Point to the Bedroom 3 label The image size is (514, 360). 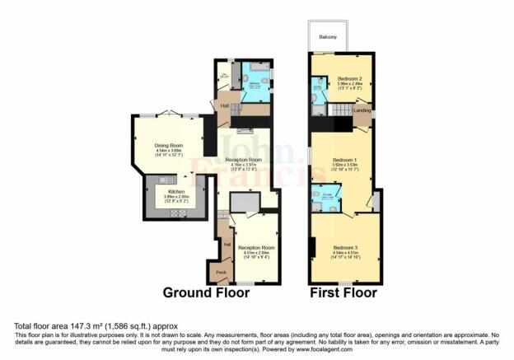pyautogui.click(x=346, y=247)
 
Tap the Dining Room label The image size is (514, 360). pyautogui.click(x=167, y=147)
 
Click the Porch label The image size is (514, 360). pyautogui.click(x=221, y=271)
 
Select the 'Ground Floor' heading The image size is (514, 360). pyautogui.click(x=206, y=292)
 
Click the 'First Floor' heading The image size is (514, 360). pyautogui.click(x=343, y=292)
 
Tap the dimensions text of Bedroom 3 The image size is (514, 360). pyautogui.click(x=346, y=256)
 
